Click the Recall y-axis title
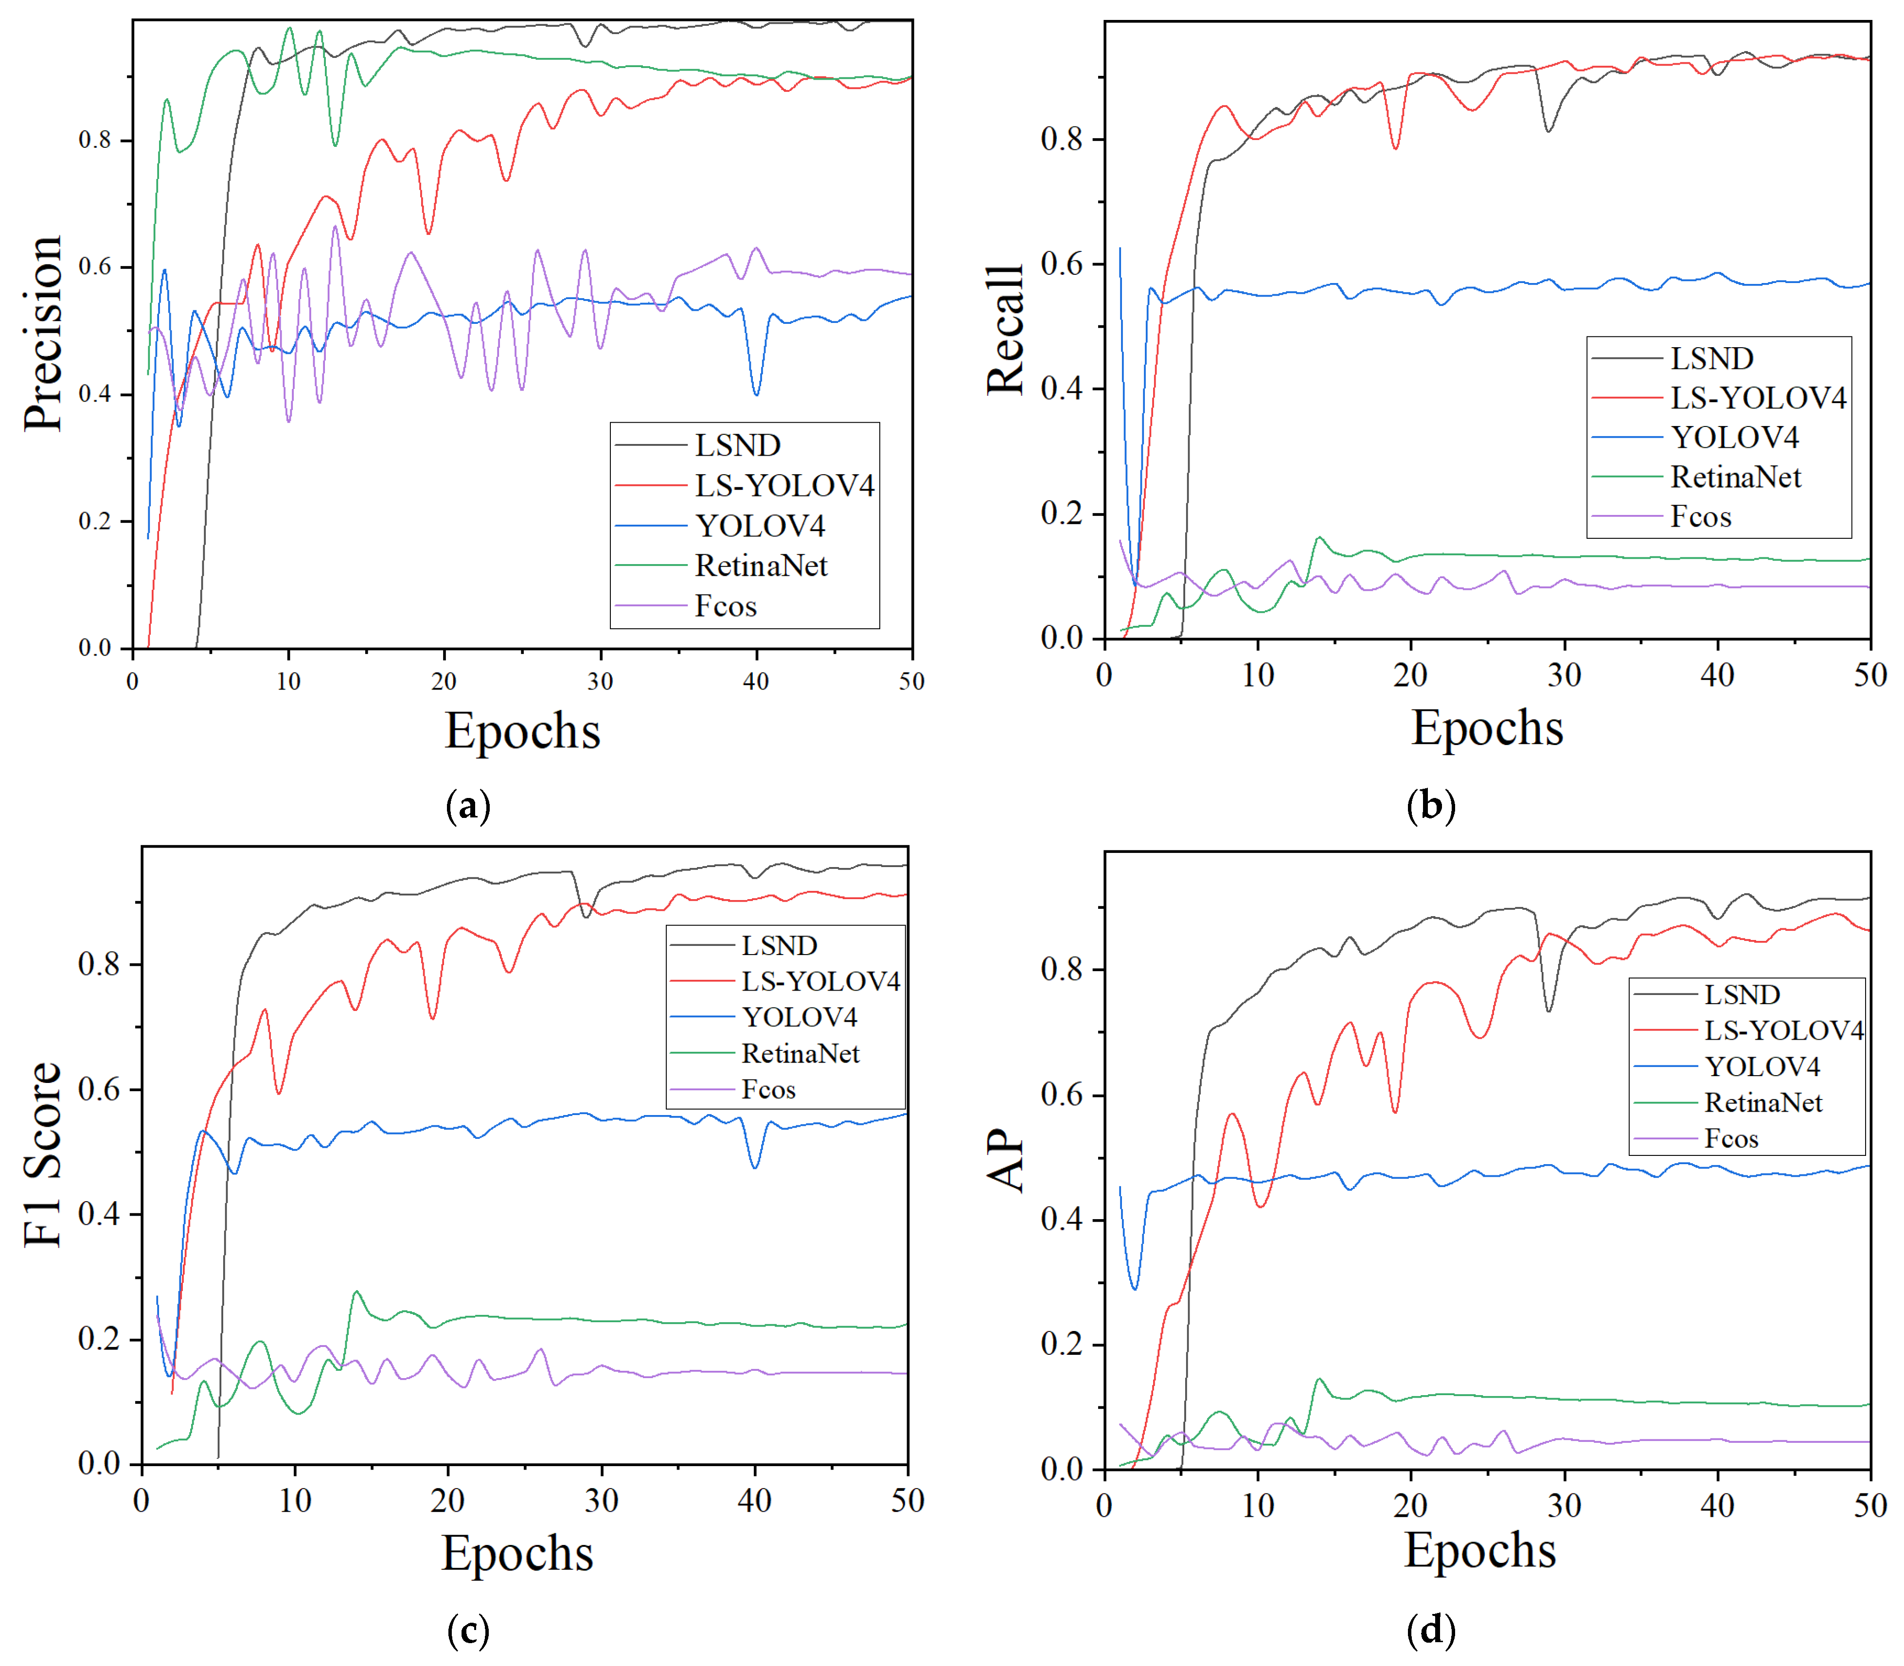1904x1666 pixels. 1005,330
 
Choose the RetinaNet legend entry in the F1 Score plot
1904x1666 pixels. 800,1053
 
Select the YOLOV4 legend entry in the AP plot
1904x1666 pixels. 1762,1066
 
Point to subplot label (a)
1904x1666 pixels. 468,805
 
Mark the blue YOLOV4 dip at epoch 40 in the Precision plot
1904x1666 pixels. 757,394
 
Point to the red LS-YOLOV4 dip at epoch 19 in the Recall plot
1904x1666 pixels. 1395,148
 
